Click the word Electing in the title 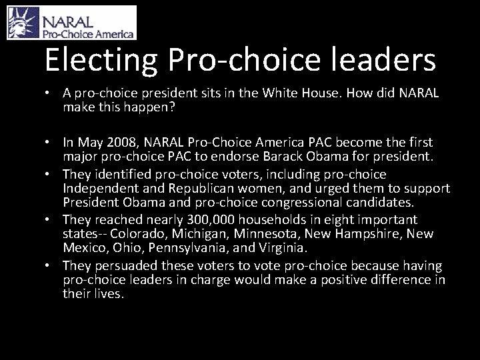[99, 60]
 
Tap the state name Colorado [141, 233]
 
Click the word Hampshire [369, 233]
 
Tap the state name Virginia [280, 247]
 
